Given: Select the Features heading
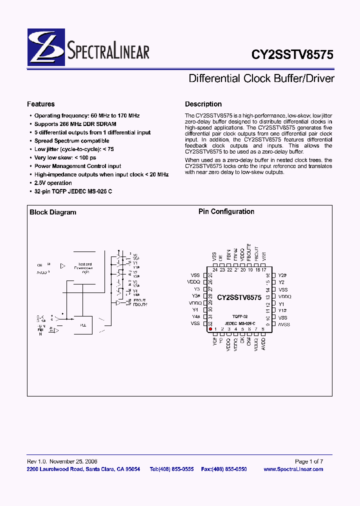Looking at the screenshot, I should tap(40, 104).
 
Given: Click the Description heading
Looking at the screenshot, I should tap(203, 104).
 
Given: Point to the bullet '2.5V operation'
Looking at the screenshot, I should tap(53, 183).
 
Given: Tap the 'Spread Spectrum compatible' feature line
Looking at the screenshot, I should tap(71, 141).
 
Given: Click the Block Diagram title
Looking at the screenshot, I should tap(52, 212).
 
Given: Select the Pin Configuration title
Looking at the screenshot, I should tap(226, 211).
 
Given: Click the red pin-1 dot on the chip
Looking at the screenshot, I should tap(210, 329).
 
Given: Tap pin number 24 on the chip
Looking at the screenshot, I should tap(214, 270).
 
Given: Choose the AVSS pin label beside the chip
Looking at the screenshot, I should tap(284, 324).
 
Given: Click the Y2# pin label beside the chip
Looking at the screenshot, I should tap(282, 275).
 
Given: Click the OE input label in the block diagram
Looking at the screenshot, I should tap(40, 265).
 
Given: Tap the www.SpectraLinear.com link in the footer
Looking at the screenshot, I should tap(293, 469).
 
